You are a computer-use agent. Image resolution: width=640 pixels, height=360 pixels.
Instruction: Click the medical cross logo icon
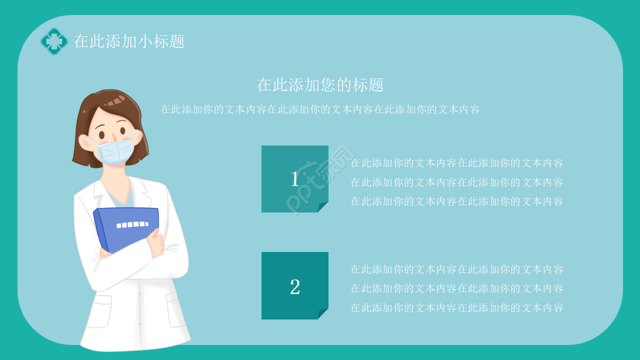(54, 41)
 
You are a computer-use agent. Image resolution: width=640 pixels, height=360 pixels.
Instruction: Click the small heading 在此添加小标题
(129, 41)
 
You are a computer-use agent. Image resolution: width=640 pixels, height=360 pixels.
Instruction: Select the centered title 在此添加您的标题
(320, 85)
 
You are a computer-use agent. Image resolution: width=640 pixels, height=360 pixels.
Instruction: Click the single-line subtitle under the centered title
(320, 109)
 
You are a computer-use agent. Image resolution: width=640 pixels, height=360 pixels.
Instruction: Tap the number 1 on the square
(295, 179)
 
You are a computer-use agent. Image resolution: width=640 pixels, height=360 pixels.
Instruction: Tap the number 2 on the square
(295, 287)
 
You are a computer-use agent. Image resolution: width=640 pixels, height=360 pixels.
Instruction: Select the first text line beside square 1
(457, 163)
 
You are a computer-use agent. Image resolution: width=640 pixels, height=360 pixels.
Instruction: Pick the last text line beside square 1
(457, 201)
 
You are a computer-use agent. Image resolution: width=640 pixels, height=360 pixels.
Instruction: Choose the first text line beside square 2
(457, 269)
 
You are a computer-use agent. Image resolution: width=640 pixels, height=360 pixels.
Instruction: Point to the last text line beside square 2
(457, 308)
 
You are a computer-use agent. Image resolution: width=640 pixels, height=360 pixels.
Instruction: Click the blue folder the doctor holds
(127, 227)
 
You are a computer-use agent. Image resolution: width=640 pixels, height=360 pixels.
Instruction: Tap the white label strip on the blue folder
(131, 224)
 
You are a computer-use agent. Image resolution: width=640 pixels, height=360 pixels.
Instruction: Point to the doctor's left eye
(102, 135)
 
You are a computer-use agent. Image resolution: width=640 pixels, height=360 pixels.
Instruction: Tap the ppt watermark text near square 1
(320, 180)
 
